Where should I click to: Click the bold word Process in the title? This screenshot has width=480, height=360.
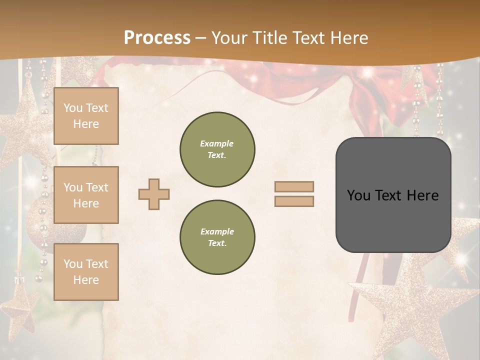tap(157, 37)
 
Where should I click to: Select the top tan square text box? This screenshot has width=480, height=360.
tap(86, 116)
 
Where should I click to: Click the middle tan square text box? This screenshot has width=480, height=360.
tap(86, 195)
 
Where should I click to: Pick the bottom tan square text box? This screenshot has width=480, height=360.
tap(86, 272)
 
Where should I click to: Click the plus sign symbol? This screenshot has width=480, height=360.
tap(154, 194)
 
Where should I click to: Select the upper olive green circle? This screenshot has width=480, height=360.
tap(217, 149)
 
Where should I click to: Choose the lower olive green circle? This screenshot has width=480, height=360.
tap(217, 237)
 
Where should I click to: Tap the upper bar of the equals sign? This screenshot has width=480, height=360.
tap(294, 187)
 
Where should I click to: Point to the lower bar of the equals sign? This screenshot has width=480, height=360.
tap(294, 201)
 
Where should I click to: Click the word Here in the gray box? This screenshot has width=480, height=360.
tap(422, 195)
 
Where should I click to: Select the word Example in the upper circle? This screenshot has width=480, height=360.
tap(216, 143)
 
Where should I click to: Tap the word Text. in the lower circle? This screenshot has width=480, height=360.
tap(216, 243)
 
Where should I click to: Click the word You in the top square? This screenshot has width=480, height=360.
tap(72, 108)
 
